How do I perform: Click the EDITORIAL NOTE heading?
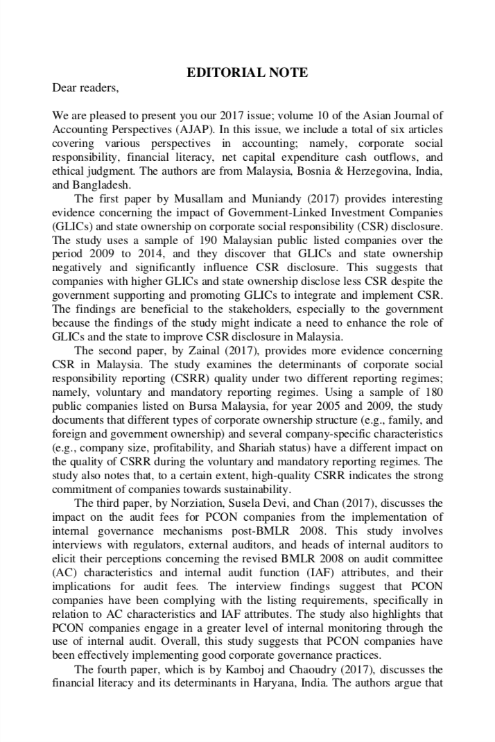click(x=247, y=73)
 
